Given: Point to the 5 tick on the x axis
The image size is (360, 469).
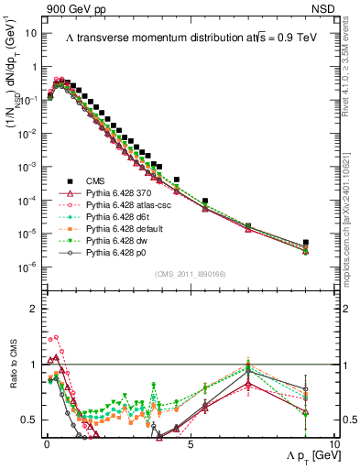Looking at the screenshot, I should [x=190, y=442].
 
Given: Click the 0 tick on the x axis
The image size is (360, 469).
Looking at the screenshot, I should [x=47, y=442].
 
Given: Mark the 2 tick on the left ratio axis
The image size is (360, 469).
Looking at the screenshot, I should [x=32, y=309].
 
